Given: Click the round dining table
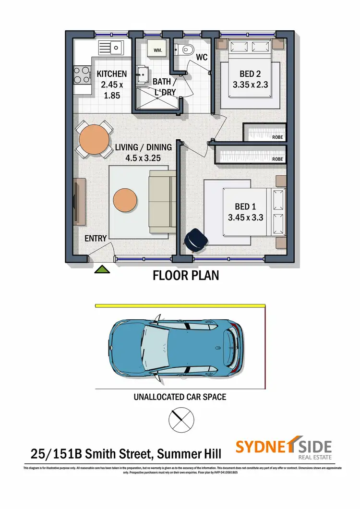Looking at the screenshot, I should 94,139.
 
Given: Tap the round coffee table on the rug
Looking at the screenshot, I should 126,198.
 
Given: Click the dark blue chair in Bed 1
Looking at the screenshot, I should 195,240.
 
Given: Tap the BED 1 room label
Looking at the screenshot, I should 245,206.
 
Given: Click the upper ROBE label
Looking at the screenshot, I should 277,137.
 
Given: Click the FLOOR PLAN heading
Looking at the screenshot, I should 185,276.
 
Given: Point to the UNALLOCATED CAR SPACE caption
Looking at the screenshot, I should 180,397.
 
